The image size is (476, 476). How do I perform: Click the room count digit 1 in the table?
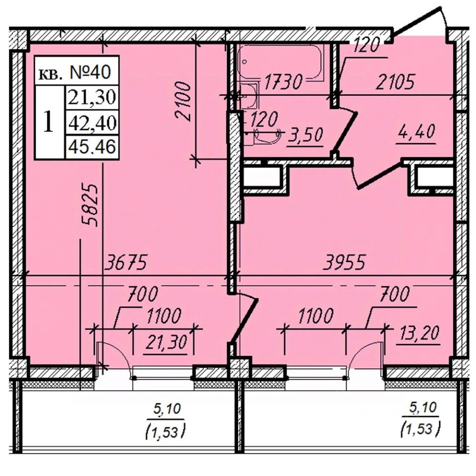(x=49, y=122)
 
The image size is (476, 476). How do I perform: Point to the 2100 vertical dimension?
(x=184, y=101)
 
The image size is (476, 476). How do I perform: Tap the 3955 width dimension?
(x=344, y=263)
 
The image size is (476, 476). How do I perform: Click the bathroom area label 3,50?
(x=308, y=134)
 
